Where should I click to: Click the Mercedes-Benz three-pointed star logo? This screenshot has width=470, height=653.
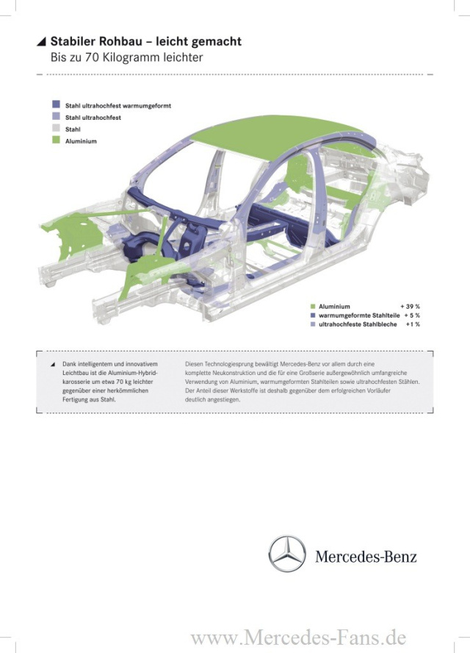coord(287,554)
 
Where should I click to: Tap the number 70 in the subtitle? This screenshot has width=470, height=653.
coord(92,57)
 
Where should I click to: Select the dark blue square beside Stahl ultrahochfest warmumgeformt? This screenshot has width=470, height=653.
coord(56,104)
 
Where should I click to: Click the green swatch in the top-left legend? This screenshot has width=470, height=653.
coord(56,140)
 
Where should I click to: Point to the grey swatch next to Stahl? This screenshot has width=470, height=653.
coord(56,128)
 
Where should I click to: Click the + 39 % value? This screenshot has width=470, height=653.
coord(410,307)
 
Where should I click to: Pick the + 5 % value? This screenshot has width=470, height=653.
coord(412,315)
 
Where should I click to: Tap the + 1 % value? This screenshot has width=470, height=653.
coord(413,324)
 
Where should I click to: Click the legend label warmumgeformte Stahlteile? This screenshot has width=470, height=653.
coord(359,315)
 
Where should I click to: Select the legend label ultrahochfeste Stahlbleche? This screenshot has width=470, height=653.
coord(358,324)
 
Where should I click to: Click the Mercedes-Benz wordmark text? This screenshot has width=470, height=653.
coord(366,557)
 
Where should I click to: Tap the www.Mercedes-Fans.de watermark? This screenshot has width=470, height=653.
coord(298,638)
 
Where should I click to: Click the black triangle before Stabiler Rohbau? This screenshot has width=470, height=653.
coord(41,41)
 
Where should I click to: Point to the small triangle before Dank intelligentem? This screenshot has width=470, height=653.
coord(52,365)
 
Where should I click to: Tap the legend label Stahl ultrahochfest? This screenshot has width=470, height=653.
coord(93,118)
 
